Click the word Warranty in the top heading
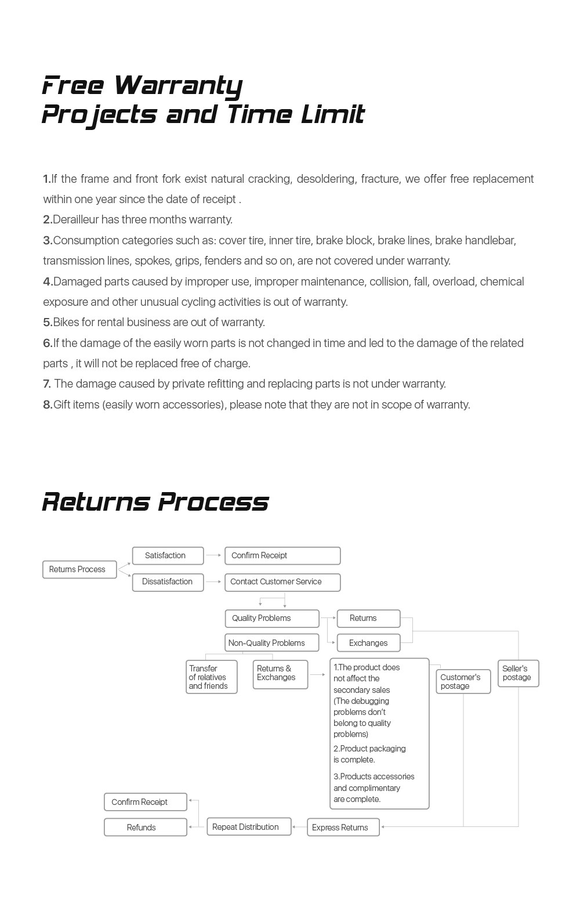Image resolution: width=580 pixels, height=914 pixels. pyautogui.click(x=178, y=85)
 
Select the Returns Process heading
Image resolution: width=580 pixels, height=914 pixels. pyautogui.click(x=155, y=502)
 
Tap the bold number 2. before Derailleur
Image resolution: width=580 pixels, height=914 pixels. pyautogui.click(x=48, y=220)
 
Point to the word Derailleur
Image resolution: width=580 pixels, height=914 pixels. pyautogui.click(x=79, y=220)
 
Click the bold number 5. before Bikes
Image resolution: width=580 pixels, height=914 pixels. pyautogui.click(x=48, y=323)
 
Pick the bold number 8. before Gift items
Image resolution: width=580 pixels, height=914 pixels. pyautogui.click(x=48, y=405)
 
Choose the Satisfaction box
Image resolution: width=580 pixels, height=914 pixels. pyautogui.click(x=168, y=556)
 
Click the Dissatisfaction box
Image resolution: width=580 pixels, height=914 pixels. pyautogui.click(x=168, y=582)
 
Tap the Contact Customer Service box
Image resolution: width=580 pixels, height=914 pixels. pyautogui.click(x=282, y=582)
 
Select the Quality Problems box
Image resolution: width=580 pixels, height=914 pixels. pyautogui.click(x=271, y=619)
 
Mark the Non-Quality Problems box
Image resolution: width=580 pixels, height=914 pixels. pyautogui.click(x=271, y=643)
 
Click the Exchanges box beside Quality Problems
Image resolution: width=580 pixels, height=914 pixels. pyautogui.click(x=368, y=643)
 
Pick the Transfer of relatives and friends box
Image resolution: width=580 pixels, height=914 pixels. pyautogui.click(x=211, y=677)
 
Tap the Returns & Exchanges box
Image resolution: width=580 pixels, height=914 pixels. pyautogui.click(x=280, y=674)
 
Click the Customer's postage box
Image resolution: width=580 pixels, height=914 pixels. pyautogui.click(x=463, y=682)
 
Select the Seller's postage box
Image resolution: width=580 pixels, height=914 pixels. pyautogui.click(x=518, y=674)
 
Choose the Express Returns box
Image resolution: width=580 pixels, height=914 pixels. pyautogui.click(x=343, y=828)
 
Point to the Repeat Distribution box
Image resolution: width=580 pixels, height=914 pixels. pyautogui.click(x=249, y=827)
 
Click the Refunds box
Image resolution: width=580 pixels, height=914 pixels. pyautogui.click(x=145, y=828)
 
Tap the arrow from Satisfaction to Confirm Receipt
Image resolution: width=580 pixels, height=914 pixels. pyautogui.click(x=213, y=555)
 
